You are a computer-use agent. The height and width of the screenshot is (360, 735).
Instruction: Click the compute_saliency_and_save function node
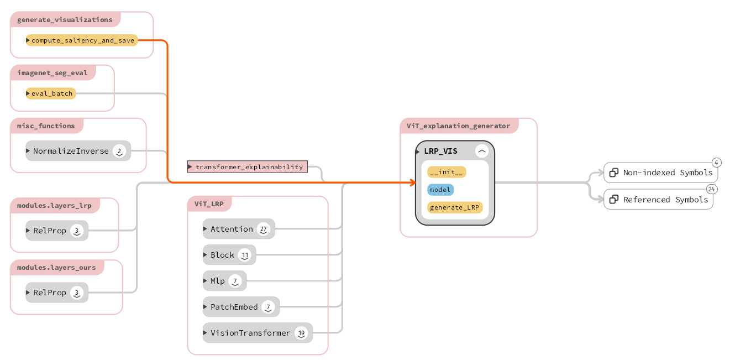[82, 40]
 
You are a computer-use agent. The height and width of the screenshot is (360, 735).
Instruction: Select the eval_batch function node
[51, 93]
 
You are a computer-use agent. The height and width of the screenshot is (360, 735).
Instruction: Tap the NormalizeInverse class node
[71, 151]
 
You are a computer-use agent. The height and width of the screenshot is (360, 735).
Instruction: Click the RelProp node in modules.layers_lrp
[50, 231]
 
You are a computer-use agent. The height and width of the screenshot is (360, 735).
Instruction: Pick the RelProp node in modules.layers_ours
[50, 293]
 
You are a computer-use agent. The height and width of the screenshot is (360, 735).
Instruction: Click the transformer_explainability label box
[248, 166]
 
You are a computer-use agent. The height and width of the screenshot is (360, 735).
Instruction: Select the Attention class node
[232, 229]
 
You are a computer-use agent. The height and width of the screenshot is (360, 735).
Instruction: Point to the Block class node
[223, 255]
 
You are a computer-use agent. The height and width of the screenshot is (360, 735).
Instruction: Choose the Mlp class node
[218, 281]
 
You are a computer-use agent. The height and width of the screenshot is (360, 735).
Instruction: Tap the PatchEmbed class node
[234, 307]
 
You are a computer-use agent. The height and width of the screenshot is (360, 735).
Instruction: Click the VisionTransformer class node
[250, 333]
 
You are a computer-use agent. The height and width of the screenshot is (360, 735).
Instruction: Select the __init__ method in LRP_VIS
[447, 172]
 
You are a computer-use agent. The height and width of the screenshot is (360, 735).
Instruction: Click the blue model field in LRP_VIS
[440, 190]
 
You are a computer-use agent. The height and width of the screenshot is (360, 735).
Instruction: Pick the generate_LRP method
[455, 207]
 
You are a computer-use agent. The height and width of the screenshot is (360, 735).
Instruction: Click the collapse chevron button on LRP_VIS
[482, 151]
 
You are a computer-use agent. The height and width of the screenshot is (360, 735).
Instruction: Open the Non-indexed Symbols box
[660, 173]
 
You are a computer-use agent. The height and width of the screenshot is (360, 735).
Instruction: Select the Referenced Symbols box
[658, 200]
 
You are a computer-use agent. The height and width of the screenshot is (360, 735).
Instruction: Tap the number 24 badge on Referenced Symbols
[712, 189]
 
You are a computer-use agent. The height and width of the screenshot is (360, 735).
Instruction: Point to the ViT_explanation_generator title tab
[458, 126]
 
